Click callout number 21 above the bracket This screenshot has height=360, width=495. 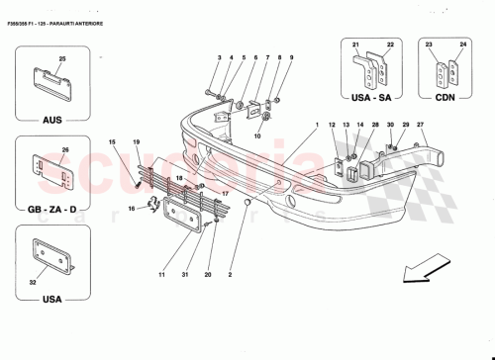354,45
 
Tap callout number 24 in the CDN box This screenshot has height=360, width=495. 460,45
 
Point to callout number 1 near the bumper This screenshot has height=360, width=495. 316,126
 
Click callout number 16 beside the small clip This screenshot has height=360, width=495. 132,209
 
